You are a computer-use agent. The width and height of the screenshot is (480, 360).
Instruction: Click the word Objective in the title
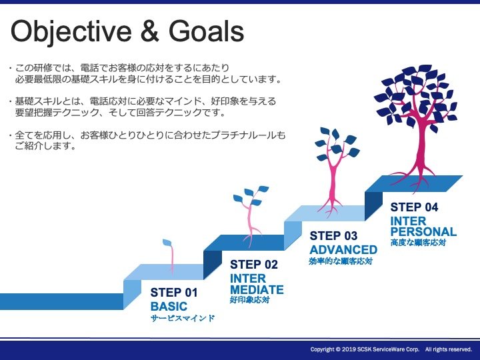click(71, 32)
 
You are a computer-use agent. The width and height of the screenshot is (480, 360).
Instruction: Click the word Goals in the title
click(206, 31)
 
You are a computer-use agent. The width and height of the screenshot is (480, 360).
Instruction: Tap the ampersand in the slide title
click(150, 31)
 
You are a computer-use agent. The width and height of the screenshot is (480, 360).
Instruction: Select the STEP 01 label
click(174, 293)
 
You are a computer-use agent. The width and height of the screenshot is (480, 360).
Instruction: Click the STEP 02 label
click(254, 265)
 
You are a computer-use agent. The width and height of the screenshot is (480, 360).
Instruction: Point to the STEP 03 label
click(333, 236)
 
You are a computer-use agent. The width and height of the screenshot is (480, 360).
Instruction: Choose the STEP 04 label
click(414, 207)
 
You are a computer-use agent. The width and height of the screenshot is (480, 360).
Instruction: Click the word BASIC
click(169, 306)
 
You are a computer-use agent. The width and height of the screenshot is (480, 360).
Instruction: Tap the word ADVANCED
click(343, 250)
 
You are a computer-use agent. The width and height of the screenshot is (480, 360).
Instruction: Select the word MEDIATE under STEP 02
click(257, 289)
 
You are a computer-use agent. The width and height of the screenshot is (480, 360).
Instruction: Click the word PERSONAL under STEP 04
click(424, 231)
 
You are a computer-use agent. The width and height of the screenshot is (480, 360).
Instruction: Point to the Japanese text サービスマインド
click(183, 319)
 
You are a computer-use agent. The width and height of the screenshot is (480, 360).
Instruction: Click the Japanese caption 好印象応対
click(250, 300)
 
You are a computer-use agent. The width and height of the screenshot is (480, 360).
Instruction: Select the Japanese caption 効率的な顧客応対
click(341, 261)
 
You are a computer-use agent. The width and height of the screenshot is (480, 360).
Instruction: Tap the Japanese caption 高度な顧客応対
click(418, 243)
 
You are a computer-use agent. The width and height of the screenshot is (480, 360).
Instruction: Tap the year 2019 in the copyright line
click(349, 349)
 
